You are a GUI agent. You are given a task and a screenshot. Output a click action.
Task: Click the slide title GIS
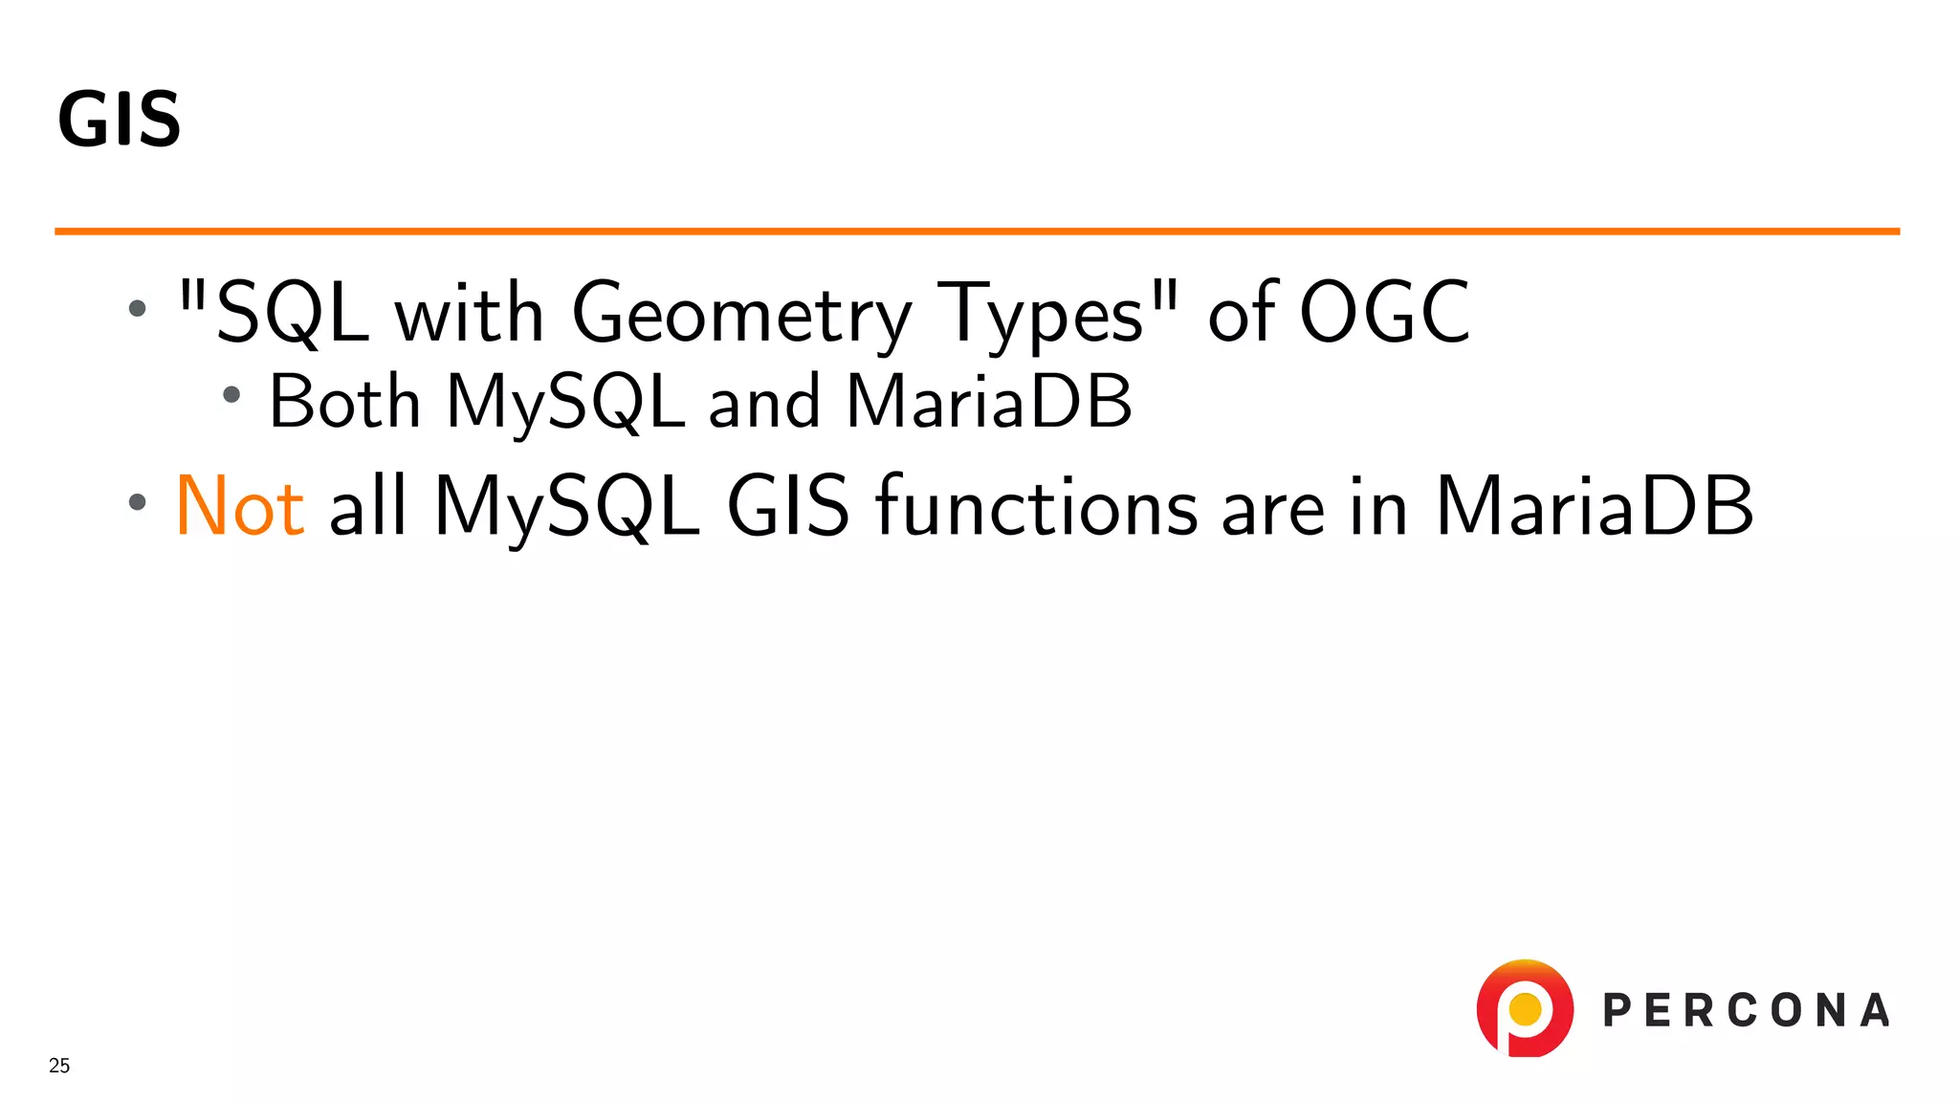[x=120, y=120]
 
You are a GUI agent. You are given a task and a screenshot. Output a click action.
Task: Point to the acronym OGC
[x=1384, y=312]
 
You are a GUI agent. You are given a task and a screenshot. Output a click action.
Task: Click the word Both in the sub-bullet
[x=344, y=401]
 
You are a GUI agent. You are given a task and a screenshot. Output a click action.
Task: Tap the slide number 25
[x=59, y=1066]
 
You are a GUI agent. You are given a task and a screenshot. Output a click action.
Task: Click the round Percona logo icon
[x=1525, y=1008]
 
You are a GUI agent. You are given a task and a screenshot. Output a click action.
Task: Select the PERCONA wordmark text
[x=1747, y=1011]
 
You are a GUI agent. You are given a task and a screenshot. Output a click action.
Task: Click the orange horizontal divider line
[x=976, y=231]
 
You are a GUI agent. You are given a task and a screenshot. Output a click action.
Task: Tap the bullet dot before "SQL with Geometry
[x=138, y=308]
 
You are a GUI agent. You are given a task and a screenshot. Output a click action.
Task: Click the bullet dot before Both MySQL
[x=231, y=393]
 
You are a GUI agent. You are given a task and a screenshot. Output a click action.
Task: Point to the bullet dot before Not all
[x=138, y=501]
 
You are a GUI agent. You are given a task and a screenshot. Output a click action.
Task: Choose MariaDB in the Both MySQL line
[x=989, y=401]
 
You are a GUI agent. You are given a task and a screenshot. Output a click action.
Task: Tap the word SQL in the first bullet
[x=292, y=314]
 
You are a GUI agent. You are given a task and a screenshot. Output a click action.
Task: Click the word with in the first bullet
[x=470, y=314]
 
